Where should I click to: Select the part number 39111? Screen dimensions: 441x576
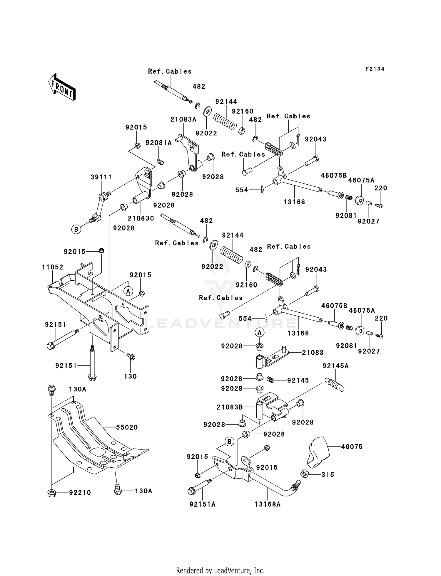(101, 177)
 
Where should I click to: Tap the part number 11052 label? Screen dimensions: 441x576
(53, 267)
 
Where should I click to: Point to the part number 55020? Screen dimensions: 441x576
(127, 427)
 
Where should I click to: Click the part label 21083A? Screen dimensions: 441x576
(183, 119)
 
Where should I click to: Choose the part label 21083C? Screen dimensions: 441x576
(141, 218)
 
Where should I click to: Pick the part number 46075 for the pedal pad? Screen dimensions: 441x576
(352, 447)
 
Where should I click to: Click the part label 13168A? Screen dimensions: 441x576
(268, 504)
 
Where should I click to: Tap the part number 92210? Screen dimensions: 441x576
(80, 493)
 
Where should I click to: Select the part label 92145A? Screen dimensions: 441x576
(336, 366)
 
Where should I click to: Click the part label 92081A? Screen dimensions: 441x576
(159, 143)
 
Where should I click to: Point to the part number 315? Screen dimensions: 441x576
(328, 475)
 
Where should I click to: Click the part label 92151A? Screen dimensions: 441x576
(203, 504)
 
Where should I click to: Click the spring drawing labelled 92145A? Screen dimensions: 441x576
(334, 385)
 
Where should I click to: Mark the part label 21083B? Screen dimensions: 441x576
(230, 407)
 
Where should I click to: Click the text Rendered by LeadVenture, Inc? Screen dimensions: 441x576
(220, 570)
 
